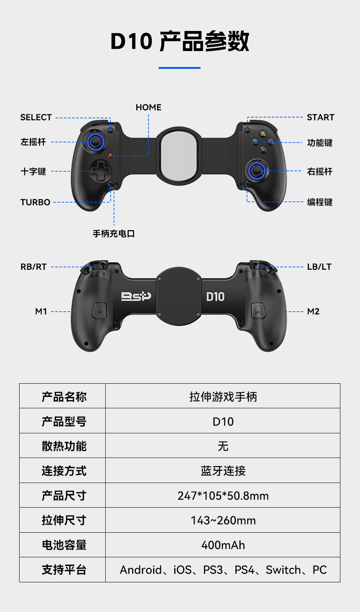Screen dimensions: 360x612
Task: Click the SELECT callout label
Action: click(x=36, y=118)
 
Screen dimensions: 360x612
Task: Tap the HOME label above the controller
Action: click(x=149, y=108)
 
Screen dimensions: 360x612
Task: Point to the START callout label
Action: click(x=320, y=118)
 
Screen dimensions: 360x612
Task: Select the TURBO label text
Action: click(x=35, y=202)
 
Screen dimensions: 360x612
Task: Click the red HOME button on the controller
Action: click(x=110, y=156)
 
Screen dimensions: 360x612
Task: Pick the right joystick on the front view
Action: click(x=257, y=171)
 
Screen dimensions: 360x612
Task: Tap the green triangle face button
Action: click(x=262, y=134)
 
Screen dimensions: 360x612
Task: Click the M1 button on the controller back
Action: click(x=100, y=312)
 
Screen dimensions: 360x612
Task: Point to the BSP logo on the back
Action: click(x=136, y=297)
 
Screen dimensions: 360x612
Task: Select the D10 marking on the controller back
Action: click(x=215, y=297)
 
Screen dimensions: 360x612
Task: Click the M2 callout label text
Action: click(x=313, y=312)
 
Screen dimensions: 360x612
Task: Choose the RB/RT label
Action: click(x=34, y=267)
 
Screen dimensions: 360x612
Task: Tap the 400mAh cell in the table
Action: click(x=223, y=545)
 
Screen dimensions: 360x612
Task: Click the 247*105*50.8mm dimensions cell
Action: click(x=223, y=495)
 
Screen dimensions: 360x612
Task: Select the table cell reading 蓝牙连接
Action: click(x=223, y=471)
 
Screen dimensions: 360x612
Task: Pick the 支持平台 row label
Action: click(x=64, y=570)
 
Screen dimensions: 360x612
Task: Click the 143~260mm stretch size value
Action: click(x=223, y=520)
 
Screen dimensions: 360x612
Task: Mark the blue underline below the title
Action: click(x=180, y=68)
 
